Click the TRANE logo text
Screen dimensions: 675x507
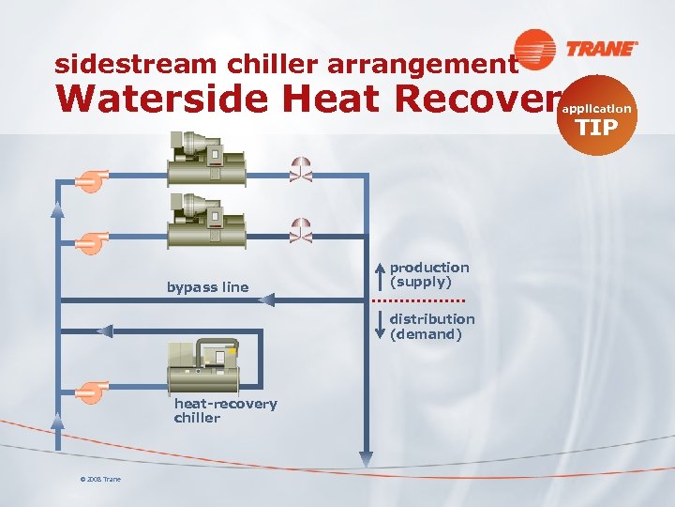601,48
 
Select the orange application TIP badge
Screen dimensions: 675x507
596,115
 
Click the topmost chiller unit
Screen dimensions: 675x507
205,159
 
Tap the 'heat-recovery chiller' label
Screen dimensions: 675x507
225,411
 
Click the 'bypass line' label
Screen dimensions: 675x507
207,287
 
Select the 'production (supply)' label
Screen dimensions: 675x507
428,275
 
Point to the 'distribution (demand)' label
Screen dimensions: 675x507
431,326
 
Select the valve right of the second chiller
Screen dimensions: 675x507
301,228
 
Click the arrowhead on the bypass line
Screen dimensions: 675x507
266,300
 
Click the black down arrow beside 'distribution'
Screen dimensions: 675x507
380,325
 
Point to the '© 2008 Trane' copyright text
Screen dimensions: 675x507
99,480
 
